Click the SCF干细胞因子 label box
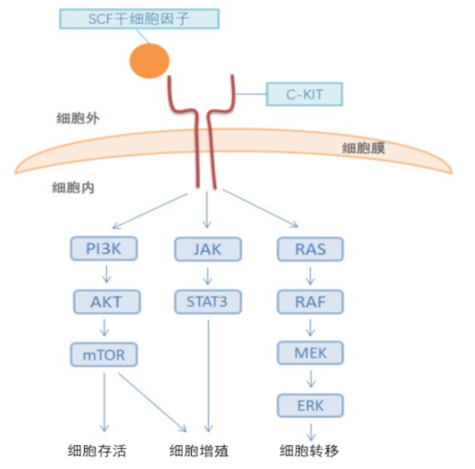pos(139,19)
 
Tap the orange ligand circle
pos(150,61)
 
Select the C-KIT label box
pos(304,94)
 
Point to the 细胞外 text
pos(78,118)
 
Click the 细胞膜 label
pos(363,148)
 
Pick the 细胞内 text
pos(73,187)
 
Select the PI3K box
pos(104,249)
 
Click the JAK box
pos(208,249)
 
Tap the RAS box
pos(310,249)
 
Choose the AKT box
pos(106,302)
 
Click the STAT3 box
pos(208,302)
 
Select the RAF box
pos(310,302)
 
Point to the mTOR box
pos(104,355)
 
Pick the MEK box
pos(310,353)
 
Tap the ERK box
pos(310,405)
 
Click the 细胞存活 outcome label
pos(97,450)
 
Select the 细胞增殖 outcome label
pos(199,450)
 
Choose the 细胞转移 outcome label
pos(309,450)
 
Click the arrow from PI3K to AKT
pos(106,274)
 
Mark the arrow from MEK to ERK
pos(311,379)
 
